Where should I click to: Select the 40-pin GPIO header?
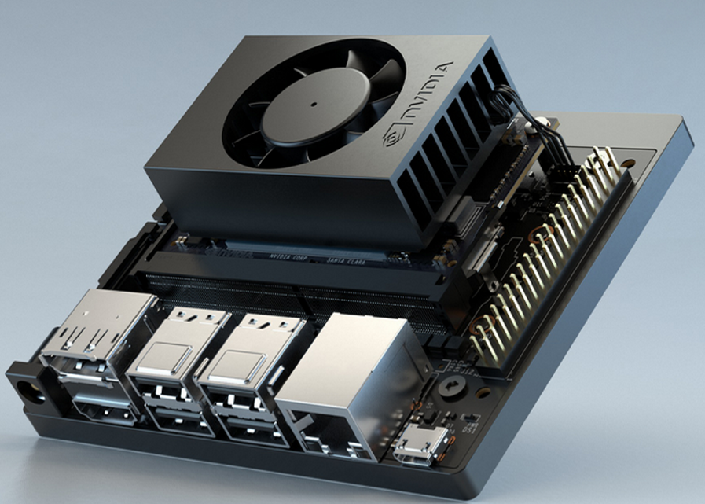tap(550, 259)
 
